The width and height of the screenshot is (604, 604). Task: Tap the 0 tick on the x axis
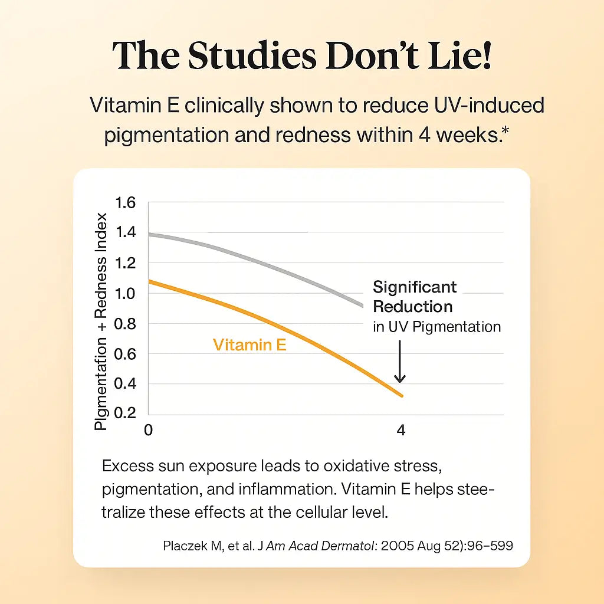point(148,431)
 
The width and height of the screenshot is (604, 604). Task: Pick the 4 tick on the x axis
point(401,431)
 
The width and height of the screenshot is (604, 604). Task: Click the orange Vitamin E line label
point(250,345)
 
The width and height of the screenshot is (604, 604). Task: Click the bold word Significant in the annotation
point(415,287)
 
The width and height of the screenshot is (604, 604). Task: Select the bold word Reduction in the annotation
point(412,307)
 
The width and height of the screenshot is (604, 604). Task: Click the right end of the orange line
point(402,396)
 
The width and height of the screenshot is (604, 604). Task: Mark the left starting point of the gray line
point(149,234)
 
